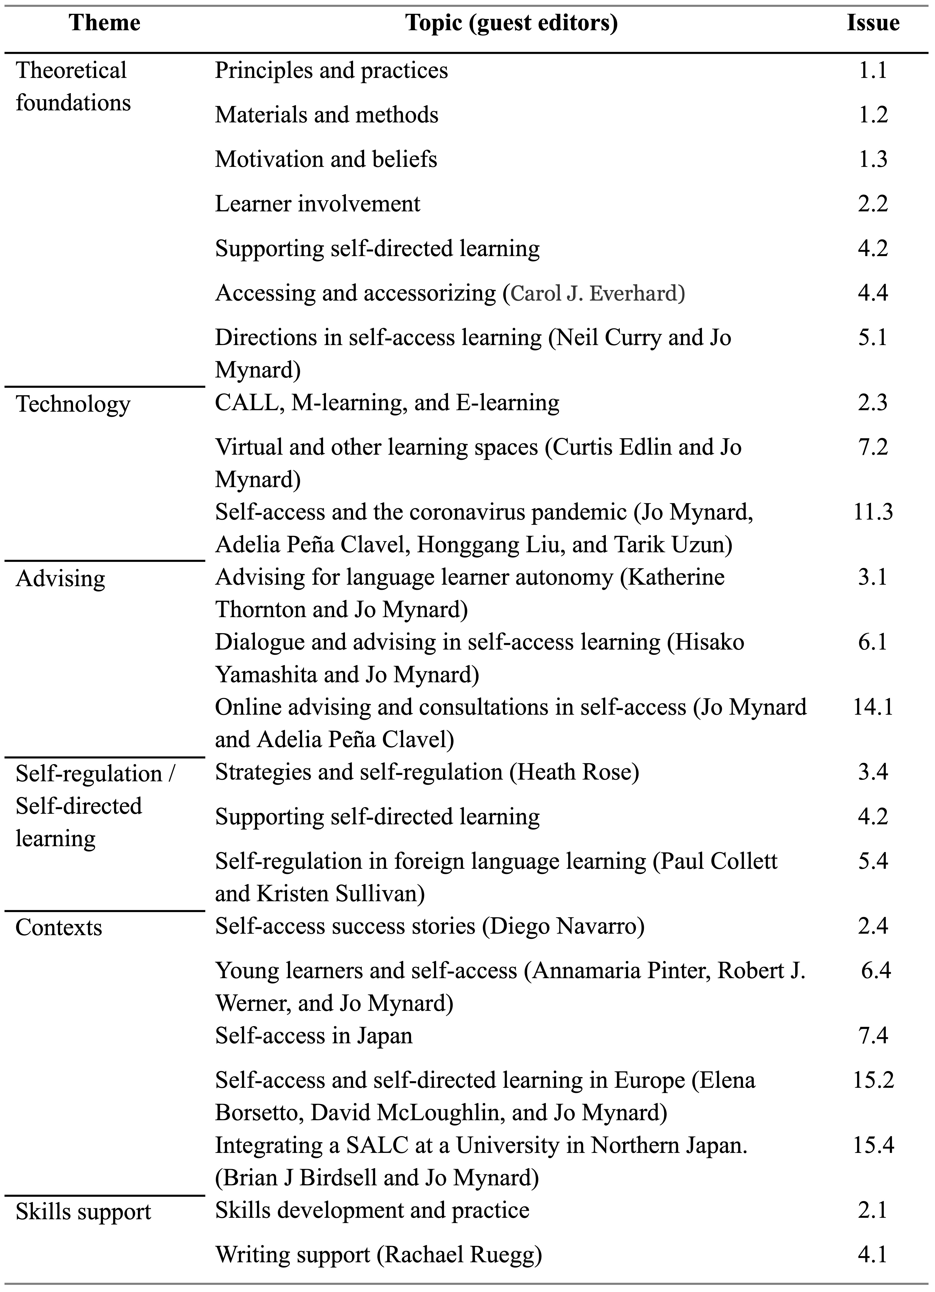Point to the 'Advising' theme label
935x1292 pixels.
click(60, 579)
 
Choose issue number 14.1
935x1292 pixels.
click(872, 707)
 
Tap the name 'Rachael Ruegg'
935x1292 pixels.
click(459, 1254)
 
